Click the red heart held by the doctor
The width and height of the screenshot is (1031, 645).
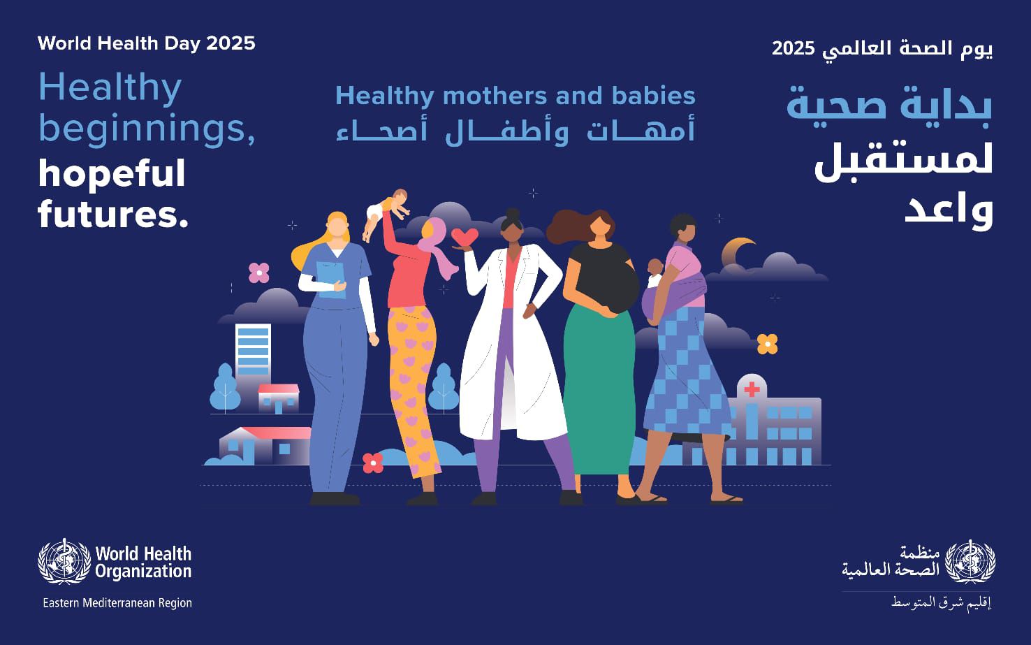pos(465,237)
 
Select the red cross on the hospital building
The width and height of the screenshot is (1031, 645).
pos(752,389)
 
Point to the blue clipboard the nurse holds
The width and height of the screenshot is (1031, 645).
pos(330,280)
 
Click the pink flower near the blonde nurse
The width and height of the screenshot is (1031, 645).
pos(259,273)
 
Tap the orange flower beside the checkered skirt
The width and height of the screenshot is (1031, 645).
pos(767,344)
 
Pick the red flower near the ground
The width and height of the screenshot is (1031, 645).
pos(373,463)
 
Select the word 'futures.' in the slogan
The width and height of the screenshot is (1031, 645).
pos(113,214)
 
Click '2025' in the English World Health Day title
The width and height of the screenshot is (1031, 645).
pos(231,44)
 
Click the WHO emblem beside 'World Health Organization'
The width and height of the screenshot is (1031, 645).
pos(64,562)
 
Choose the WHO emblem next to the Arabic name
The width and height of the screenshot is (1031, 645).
pos(970,562)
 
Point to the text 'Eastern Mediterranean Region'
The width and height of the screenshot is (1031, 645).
pos(117,603)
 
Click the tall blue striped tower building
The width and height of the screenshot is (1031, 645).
pos(253,351)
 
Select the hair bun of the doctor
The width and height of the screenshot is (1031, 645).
pos(513,214)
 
